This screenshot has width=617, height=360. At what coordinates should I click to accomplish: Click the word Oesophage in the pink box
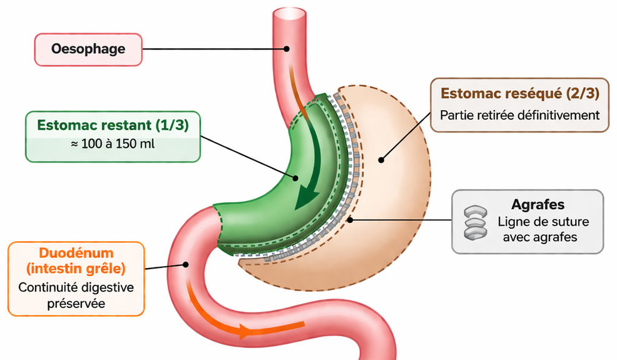pos(88,49)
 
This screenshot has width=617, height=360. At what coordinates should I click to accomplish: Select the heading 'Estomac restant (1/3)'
pos(113,125)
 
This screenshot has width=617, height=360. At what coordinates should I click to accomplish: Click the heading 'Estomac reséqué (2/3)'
pos(520,94)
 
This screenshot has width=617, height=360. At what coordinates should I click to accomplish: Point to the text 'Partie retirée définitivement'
pos(520,115)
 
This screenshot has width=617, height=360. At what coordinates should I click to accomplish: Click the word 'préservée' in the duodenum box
pos(76,303)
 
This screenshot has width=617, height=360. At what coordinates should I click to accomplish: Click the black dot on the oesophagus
pos(286,48)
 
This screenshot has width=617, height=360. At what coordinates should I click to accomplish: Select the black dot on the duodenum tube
pos(185,264)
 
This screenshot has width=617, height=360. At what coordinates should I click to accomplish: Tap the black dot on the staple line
pos(350,220)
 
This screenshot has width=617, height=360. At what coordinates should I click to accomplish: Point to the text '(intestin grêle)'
pos(76,270)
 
